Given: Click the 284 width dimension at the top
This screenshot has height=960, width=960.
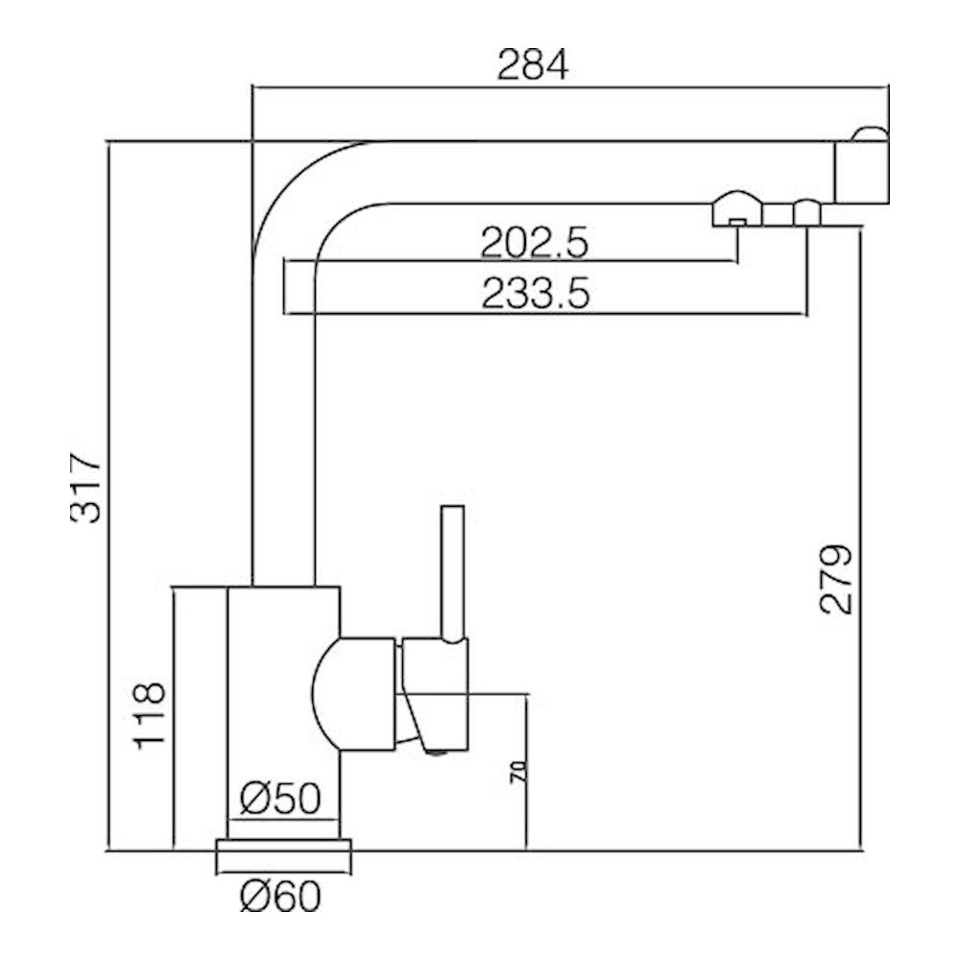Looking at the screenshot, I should (x=533, y=65).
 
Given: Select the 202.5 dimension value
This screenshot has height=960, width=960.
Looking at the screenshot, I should (x=534, y=242).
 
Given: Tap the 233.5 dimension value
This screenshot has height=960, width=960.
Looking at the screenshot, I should (x=534, y=294).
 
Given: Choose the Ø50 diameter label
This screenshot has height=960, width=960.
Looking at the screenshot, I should (x=280, y=799).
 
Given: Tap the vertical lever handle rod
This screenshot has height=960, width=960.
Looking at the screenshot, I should (x=453, y=571).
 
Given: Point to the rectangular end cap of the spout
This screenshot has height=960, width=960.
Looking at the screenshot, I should (x=862, y=173).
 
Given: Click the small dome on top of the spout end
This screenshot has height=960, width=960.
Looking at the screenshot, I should (x=872, y=132).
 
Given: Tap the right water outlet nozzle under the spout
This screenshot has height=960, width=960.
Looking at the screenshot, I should (x=806, y=212).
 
